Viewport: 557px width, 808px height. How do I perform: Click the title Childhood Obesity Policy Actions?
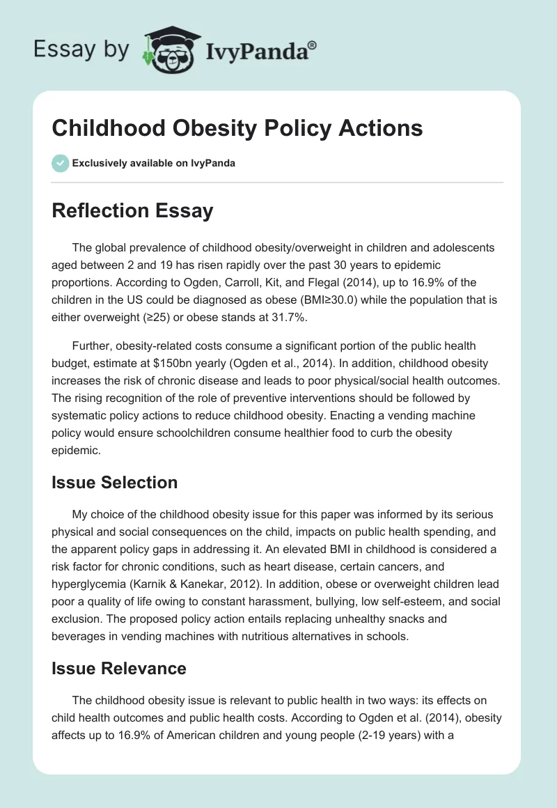coord(237,129)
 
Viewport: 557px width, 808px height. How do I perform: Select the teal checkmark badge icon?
coord(60,163)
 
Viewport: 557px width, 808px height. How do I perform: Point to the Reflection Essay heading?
coord(132,210)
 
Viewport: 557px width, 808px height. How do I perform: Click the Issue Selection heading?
coord(114,482)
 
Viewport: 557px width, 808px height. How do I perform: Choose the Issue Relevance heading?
coord(118,668)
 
